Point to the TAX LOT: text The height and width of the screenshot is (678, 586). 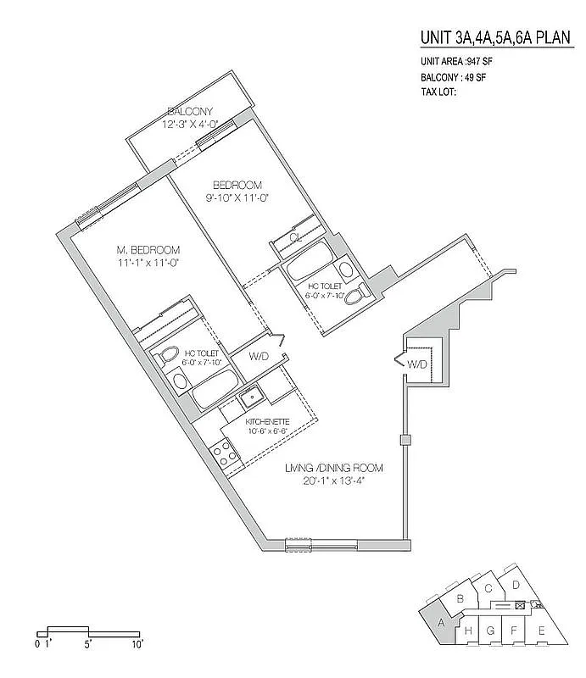click(x=438, y=92)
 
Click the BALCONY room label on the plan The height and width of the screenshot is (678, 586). click(x=188, y=112)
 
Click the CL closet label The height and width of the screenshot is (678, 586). click(x=296, y=238)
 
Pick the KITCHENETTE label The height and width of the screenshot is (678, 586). click(x=267, y=421)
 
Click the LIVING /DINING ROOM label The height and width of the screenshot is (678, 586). click(x=334, y=468)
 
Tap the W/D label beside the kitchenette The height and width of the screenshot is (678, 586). click(x=259, y=357)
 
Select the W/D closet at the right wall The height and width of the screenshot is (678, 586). click(x=417, y=365)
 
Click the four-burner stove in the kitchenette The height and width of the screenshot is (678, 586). click(x=226, y=453)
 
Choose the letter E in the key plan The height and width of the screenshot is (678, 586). click(x=540, y=631)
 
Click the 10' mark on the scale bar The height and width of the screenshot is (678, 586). click(x=137, y=644)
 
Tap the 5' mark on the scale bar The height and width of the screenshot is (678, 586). click(x=88, y=644)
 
